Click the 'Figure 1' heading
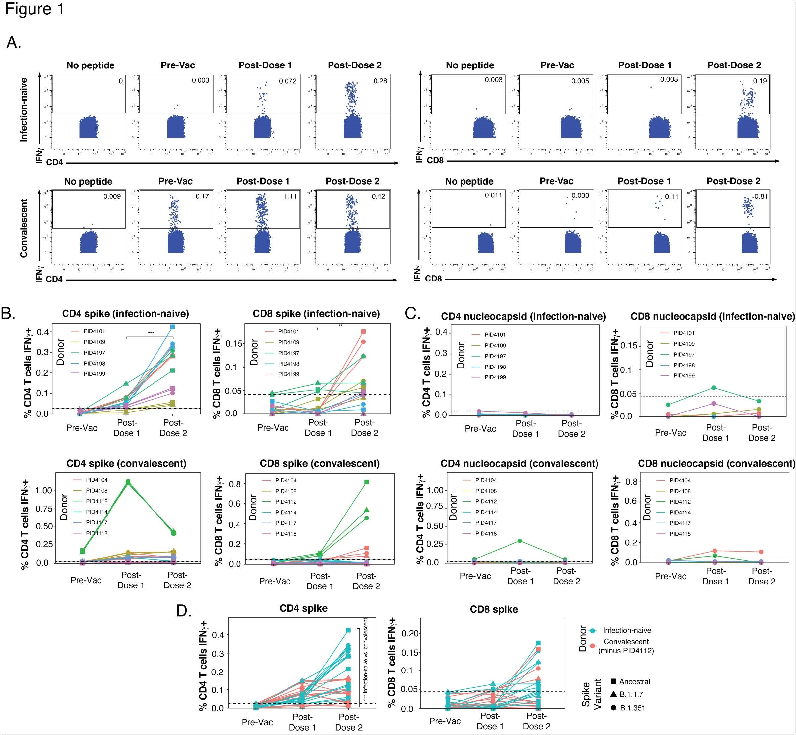coord(35,9)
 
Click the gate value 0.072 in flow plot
coord(287,81)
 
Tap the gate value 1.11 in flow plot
coord(290,196)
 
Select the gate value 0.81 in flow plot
coord(761,196)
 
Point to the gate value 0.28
coord(380,81)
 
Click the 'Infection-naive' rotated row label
coord(24,109)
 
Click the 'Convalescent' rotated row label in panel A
coord(24,228)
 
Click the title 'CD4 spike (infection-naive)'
coord(125,313)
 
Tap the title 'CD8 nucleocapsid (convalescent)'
coord(716,464)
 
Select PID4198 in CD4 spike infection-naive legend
coord(94,363)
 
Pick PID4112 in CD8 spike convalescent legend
coord(286,502)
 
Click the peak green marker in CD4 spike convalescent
coord(128,482)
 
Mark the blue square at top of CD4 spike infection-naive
coord(173,327)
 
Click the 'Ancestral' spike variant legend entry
coord(635,682)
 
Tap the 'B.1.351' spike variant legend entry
coord(632,708)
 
